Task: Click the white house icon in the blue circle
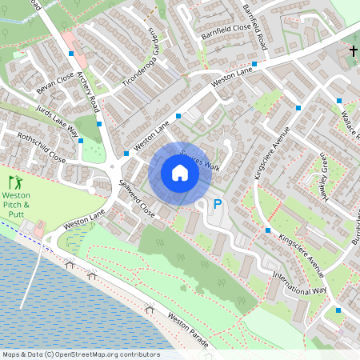(x=179, y=173)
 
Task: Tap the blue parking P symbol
(x=217, y=206)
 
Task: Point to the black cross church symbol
(x=353, y=51)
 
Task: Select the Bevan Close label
(x=55, y=82)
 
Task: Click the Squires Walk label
(x=200, y=159)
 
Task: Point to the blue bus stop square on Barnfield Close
(x=254, y=64)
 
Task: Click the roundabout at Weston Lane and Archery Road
(x=114, y=169)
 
